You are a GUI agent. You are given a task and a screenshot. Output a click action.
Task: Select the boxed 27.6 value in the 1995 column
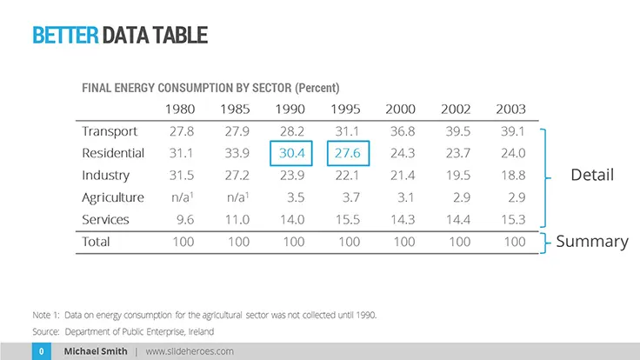click(349, 153)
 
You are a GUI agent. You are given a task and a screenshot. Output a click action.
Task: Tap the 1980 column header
click(180, 110)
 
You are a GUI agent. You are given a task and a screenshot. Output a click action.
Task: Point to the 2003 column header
click(510, 110)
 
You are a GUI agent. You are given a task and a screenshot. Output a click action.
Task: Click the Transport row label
click(110, 131)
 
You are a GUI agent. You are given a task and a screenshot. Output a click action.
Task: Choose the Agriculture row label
click(113, 197)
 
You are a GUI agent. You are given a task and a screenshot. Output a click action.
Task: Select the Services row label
click(105, 219)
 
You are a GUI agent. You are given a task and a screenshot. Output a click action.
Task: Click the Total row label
click(96, 241)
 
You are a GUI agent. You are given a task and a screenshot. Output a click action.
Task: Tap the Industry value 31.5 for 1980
click(182, 176)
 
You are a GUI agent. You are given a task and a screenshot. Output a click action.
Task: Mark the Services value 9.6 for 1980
click(184, 219)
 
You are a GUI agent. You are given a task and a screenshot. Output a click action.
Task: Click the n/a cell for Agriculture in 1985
click(235, 197)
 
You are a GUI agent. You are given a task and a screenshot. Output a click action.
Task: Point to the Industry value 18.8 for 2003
click(511, 176)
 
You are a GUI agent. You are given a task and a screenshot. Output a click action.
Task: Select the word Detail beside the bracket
click(592, 175)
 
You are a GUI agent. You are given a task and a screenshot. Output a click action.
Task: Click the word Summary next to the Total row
click(592, 241)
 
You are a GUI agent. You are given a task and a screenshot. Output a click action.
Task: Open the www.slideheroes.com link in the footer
click(190, 351)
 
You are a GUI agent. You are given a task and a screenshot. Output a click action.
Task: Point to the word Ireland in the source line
click(200, 331)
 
